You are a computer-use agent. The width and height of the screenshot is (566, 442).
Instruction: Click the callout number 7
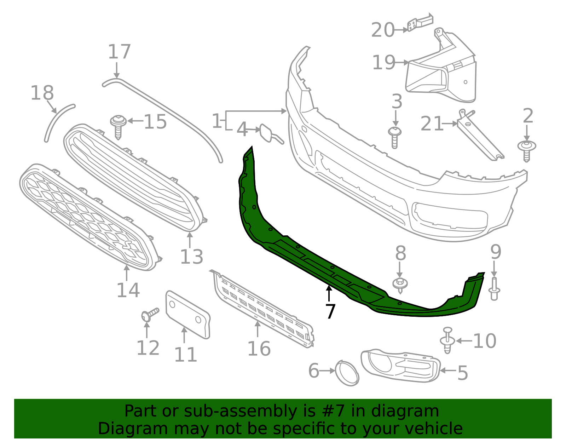pos(330,311)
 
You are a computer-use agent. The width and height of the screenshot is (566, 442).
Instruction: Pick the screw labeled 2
pos(527,150)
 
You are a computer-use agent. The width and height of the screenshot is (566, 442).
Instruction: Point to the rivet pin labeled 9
pos(494,289)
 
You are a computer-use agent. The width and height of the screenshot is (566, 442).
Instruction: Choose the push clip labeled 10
pos(447,340)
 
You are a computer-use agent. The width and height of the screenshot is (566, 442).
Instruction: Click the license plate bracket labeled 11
pos(187,314)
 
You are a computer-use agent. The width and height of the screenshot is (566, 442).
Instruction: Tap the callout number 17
pos(119,52)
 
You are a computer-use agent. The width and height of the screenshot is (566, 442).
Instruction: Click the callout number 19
pos(384,63)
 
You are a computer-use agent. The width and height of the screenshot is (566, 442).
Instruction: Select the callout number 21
pos(432,124)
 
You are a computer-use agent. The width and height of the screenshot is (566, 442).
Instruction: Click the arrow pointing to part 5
pos(448,371)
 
